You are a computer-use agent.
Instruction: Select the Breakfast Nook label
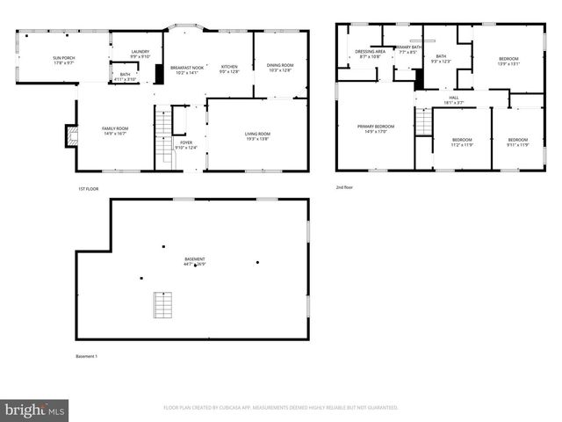click(186, 69)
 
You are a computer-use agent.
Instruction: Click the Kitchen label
click(229, 69)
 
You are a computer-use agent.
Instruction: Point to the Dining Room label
click(280, 67)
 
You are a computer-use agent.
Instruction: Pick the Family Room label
click(116, 132)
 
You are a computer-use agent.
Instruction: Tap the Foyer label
click(186, 144)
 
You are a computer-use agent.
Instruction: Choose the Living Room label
click(257, 135)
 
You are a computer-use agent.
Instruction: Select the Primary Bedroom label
click(375, 129)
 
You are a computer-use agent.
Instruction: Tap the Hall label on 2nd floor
click(454, 100)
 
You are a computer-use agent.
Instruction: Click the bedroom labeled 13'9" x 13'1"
click(508, 62)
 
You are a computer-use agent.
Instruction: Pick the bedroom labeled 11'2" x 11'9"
click(462, 142)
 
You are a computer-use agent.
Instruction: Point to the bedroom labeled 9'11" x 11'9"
click(517, 142)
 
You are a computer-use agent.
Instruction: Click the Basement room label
click(194, 261)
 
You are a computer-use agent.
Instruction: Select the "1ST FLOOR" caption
click(86, 188)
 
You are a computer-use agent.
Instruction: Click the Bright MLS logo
click(35, 410)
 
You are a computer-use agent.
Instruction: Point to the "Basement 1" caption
click(86, 356)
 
